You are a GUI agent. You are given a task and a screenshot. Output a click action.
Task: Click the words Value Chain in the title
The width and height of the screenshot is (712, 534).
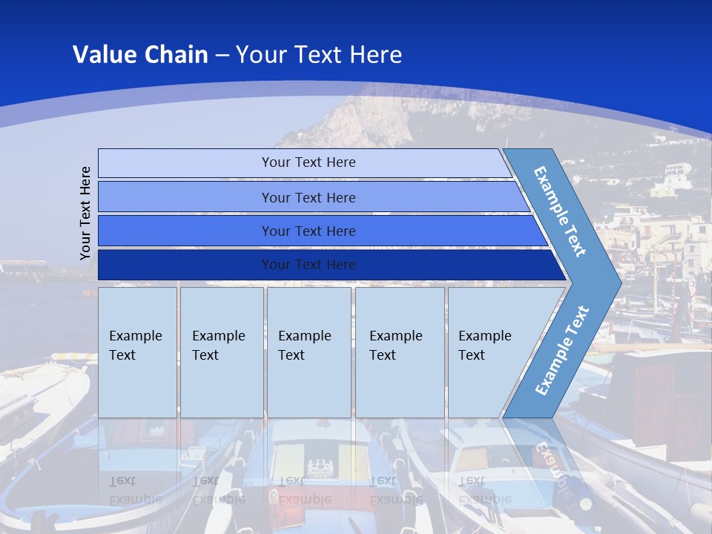pos(140,55)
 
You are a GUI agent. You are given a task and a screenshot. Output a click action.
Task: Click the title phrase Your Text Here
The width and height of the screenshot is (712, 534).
pos(319,55)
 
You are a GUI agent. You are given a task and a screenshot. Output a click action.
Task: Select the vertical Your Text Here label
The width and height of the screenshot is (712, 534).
pos(85,213)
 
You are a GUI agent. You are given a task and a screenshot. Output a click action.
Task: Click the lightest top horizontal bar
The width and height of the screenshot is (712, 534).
pos(185,163)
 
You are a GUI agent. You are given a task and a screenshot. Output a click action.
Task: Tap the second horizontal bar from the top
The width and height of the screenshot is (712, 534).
pos(185,197)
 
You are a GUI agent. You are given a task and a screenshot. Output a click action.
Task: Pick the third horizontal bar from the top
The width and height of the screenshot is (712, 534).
pos(185,231)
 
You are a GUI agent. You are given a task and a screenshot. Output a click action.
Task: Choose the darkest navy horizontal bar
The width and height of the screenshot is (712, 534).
pos(185,265)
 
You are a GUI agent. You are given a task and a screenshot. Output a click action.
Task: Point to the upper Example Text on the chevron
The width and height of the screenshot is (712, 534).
pos(560,212)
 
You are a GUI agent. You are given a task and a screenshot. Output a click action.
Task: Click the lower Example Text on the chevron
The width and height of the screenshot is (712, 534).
pos(561,351)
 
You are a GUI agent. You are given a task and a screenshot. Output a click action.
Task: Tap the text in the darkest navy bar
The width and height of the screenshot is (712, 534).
pos(309,265)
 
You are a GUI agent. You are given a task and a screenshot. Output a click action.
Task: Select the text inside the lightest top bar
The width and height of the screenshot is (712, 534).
pos(309,162)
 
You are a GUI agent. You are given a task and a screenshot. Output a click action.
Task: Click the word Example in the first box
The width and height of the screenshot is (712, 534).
pos(135,336)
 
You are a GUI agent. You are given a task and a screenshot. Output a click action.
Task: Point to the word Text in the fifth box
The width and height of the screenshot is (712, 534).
pos(471,355)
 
